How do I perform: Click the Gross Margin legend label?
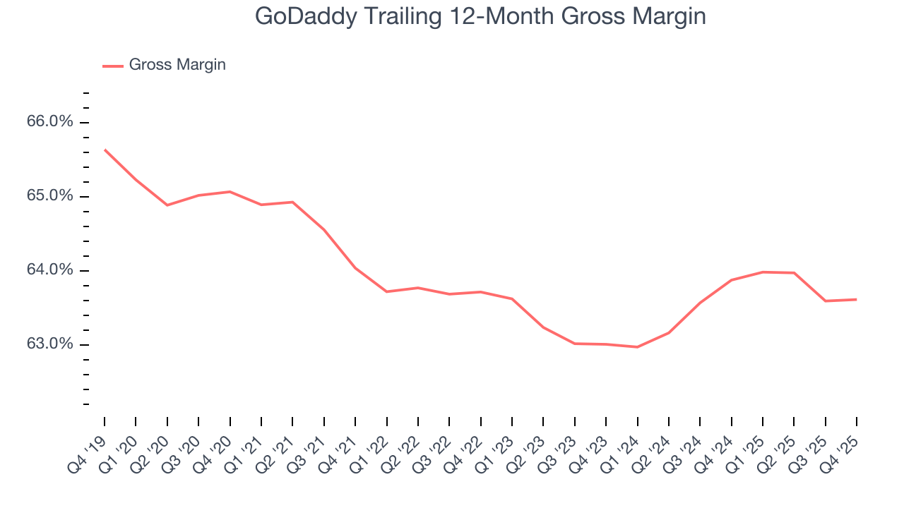[x=177, y=65]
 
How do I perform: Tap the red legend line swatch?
[x=113, y=66]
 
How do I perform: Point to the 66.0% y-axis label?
[x=50, y=122]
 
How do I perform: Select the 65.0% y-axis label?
[x=50, y=196]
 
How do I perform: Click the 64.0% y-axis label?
[x=50, y=270]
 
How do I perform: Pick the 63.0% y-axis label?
[x=50, y=344]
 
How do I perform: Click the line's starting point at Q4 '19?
[x=105, y=150]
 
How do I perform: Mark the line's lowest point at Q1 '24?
[x=638, y=347]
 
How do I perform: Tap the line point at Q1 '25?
[x=763, y=272]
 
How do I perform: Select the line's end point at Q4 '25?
[x=857, y=299]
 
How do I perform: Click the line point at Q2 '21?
[x=292, y=202]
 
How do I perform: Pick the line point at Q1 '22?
[x=386, y=291]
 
